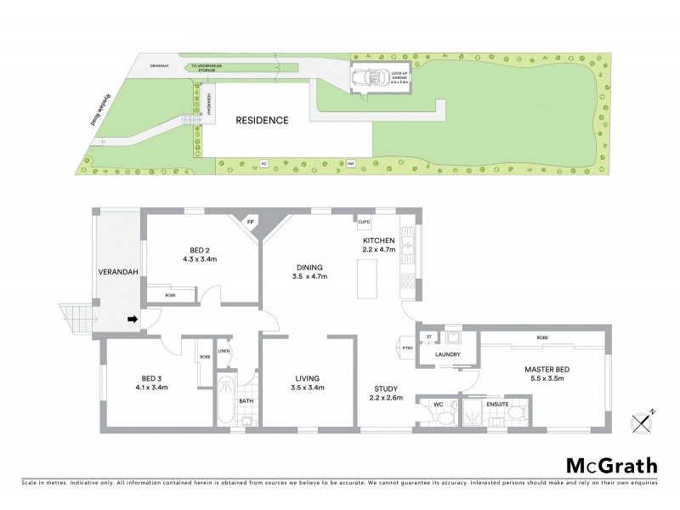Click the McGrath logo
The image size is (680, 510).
(611, 465)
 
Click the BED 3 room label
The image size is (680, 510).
(151, 382)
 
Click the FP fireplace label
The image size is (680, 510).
(251, 223)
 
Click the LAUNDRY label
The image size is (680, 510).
(447, 354)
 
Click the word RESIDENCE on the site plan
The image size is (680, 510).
(262, 120)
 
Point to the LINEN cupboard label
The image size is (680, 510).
(224, 350)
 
